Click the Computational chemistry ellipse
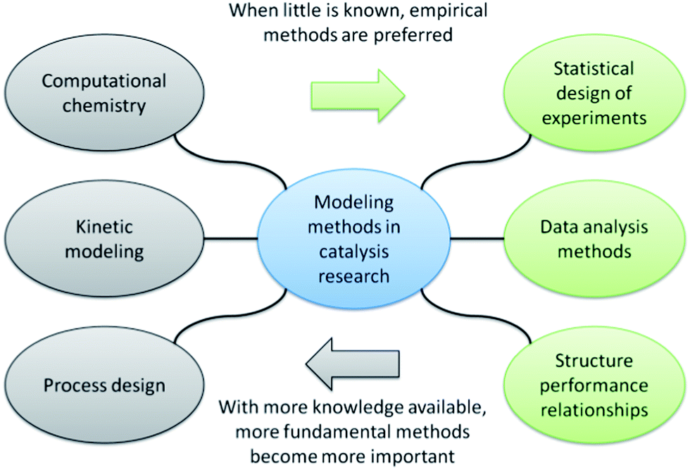click(104, 93)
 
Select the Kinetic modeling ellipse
click(104, 240)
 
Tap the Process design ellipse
click(104, 385)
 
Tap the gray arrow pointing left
click(353, 363)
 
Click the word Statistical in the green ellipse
click(594, 69)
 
